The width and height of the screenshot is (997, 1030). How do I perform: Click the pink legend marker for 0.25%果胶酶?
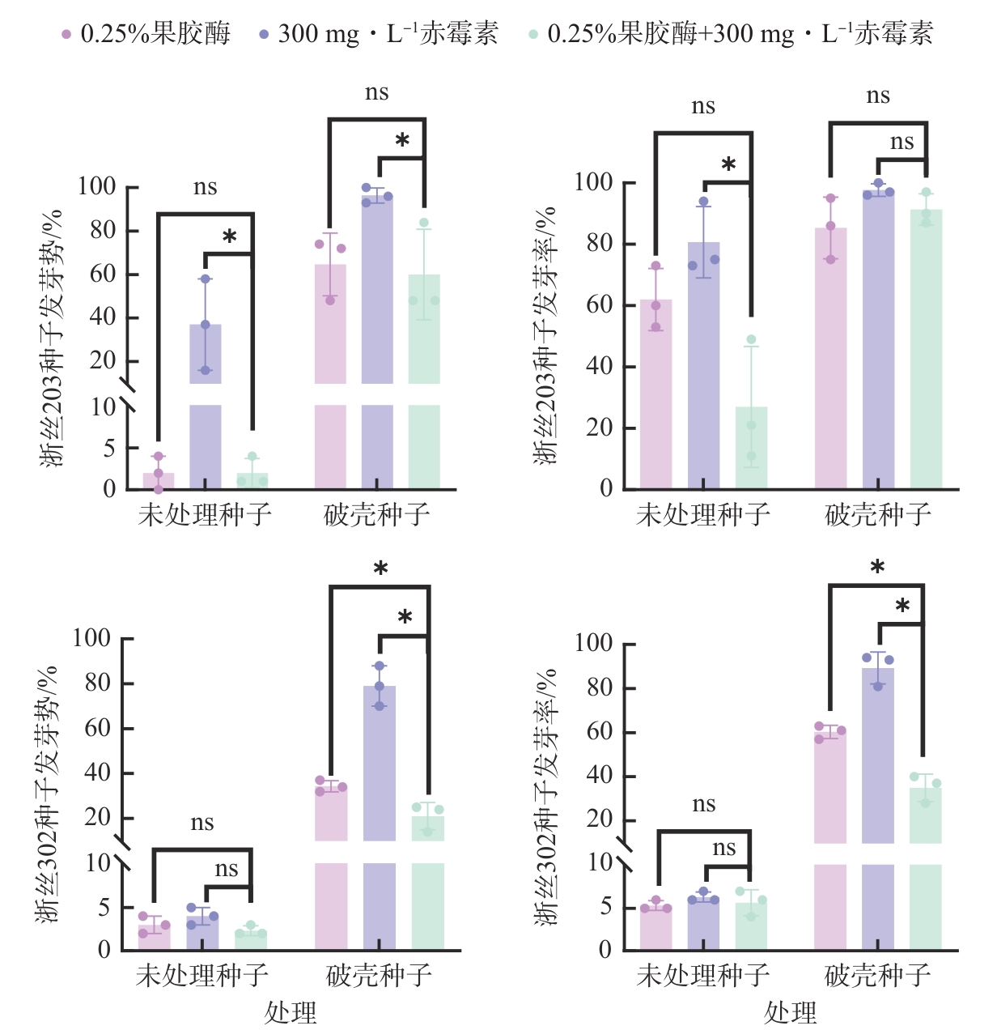(66, 34)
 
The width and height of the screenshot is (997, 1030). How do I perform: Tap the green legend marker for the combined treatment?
(533, 34)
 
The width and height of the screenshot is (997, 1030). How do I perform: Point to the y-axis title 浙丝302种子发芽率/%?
(548, 798)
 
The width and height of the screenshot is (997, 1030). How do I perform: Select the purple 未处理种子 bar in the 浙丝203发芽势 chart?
(206, 405)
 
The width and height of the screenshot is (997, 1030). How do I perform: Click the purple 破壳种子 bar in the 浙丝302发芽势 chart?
(380, 818)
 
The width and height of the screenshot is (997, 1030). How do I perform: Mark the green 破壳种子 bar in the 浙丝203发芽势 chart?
(424, 381)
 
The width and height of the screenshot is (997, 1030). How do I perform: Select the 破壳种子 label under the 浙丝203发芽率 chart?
(878, 514)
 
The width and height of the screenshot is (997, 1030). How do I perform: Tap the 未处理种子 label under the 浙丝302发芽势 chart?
(202, 975)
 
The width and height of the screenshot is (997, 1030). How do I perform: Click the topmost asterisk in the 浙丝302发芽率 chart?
(877, 568)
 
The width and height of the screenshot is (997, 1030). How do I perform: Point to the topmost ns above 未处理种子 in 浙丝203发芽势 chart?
(206, 188)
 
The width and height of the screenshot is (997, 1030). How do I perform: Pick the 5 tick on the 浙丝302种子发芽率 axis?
(605, 907)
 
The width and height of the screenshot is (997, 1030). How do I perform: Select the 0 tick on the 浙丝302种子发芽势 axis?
(104, 949)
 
